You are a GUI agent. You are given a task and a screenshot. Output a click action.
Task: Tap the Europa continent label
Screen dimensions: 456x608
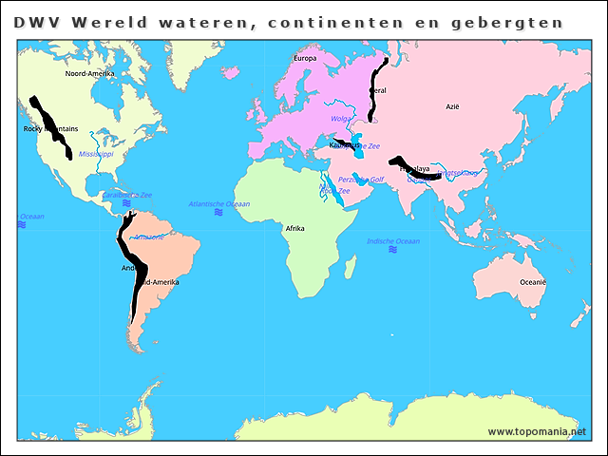pyautogui.click(x=305, y=59)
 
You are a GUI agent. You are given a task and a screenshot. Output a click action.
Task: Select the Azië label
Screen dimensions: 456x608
pyautogui.click(x=452, y=107)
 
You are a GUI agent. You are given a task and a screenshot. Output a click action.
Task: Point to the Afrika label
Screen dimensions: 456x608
pyautogui.click(x=294, y=229)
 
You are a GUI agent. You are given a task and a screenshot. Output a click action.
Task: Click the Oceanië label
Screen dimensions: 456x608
pyautogui.click(x=532, y=282)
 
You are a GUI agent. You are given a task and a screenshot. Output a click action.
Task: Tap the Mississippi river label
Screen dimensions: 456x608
pyautogui.click(x=96, y=153)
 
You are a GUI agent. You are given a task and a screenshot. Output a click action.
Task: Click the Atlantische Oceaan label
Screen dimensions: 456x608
pyautogui.click(x=219, y=204)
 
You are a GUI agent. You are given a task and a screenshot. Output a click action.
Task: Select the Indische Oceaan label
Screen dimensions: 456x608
pyautogui.click(x=393, y=242)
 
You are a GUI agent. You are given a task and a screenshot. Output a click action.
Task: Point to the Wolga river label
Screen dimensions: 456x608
pyautogui.click(x=340, y=119)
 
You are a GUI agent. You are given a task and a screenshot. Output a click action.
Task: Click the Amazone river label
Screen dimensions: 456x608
pyautogui.click(x=149, y=237)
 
